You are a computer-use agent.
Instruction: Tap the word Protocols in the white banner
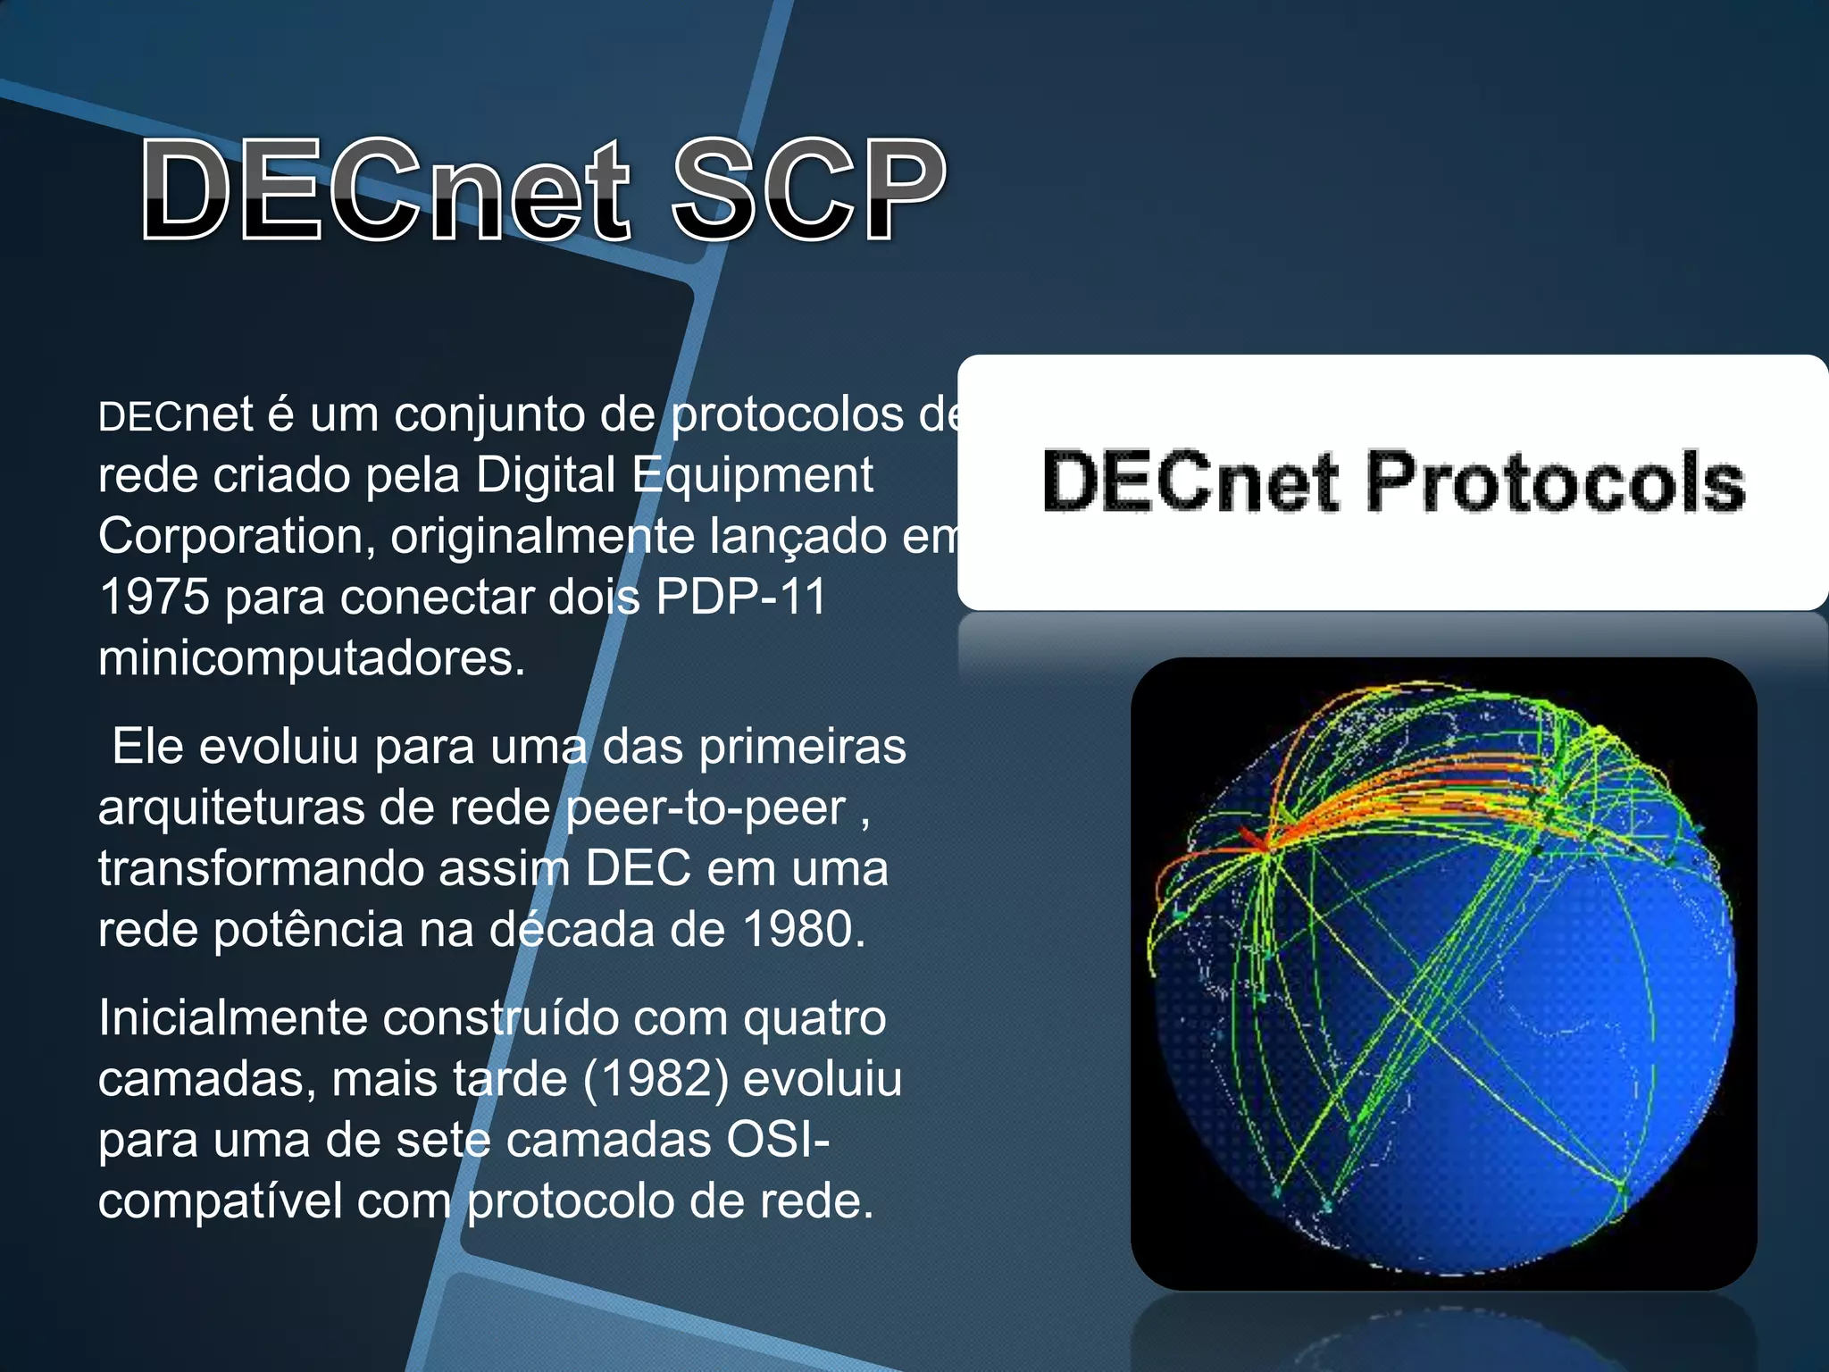point(1555,482)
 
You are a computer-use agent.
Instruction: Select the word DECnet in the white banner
point(1190,482)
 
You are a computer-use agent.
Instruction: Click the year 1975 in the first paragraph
point(154,597)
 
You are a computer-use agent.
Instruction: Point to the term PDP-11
point(740,597)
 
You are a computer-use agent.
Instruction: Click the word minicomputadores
point(311,658)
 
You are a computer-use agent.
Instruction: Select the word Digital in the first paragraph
point(545,474)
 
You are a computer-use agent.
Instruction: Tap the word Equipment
point(753,474)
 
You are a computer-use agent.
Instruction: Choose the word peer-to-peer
point(706,808)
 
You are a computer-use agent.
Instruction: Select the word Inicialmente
point(233,1018)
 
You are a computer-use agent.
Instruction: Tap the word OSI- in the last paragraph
point(778,1141)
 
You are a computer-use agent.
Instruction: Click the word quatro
point(814,1018)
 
